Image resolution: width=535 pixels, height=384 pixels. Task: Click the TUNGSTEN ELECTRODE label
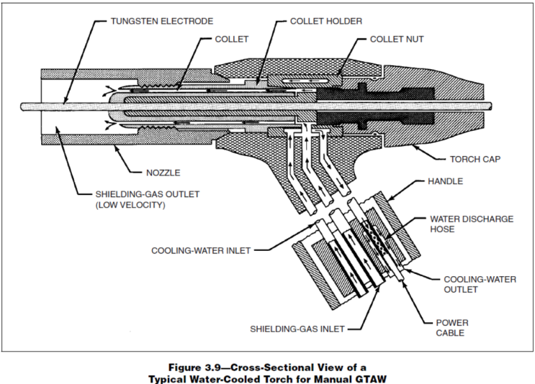(162, 21)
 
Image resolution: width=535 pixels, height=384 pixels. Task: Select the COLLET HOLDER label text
(326, 21)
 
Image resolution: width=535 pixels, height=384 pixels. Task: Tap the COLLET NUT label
(397, 39)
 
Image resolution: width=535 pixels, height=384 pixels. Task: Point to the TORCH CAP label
(475, 159)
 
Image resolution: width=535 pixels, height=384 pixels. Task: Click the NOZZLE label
(163, 173)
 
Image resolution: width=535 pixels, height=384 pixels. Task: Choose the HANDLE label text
(445, 181)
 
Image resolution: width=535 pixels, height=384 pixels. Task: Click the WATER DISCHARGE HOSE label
(472, 224)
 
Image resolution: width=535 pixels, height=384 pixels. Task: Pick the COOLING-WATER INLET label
(201, 251)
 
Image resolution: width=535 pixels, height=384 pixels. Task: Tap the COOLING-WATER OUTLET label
(480, 285)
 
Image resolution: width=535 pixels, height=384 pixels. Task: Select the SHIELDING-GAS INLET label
(297, 329)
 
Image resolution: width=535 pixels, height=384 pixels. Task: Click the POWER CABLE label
(452, 328)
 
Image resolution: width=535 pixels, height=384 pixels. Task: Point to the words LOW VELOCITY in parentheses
(130, 205)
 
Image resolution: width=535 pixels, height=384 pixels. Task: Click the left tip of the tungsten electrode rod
(21, 106)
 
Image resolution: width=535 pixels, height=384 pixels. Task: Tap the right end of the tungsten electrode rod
(491, 106)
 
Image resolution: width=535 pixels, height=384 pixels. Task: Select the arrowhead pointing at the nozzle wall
(117, 147)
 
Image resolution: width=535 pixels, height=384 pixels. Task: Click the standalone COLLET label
(232, 39)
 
